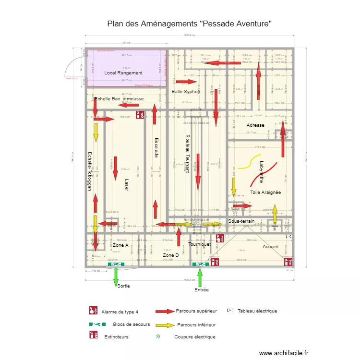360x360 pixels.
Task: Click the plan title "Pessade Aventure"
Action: pyautogui.click(x=190, y=23)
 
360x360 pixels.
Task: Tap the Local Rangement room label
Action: pyautogui.click(x=123, y=73)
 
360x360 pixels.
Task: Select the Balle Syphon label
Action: pyautogui.click(x=186, y=91)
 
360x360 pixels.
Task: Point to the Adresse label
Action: pyautogui.click(x=255, y=125)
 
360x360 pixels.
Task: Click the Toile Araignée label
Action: pyautogui.click(x=265, y=192)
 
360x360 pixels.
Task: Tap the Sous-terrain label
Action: pyautogui.click(x=241, y=221)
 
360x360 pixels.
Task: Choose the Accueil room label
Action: pyautogui.click(x=270, y=246)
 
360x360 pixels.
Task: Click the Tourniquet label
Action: pyautogui.click(x=200, y=244)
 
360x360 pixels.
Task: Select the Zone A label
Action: pyautogui.click(x=120, y=245)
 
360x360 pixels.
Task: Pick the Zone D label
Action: pyautogui.click(x=171, y=255)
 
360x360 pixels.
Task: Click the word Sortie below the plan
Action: pyautogui.click(x=123, y=286)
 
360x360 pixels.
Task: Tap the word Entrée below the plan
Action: pyautogui.click(x=202, y=290)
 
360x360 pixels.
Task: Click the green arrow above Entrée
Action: pyautogui.click(x=200, y=277)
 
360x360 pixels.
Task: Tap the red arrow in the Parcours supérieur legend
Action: pyautogui.click(x=164, y=311)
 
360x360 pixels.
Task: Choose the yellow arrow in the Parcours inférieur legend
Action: pyautogui.click(x=164, y=325)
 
